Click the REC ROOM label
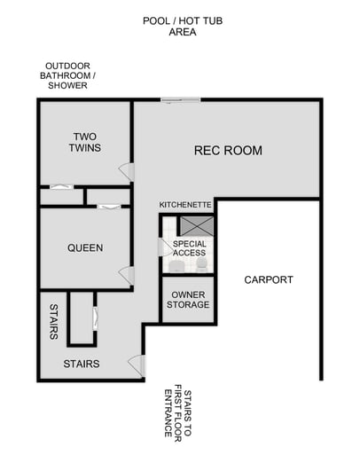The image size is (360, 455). click(228, 151)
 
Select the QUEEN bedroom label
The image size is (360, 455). click(85, 248)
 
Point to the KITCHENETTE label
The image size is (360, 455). click(185, 205)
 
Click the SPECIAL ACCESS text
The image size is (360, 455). click(189, 248)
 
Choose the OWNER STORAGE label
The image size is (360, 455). click(189, 300)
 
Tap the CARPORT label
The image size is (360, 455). click(269, 280)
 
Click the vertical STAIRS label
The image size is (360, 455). click(53, 322)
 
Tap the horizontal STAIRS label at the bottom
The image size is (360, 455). click(81, 364)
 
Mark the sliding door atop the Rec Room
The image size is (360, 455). click(180, 100)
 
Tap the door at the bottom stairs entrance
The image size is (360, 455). click(136, 364)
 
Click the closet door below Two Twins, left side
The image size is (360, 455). click(59, 186)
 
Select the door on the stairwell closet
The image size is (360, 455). click(95, 318)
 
